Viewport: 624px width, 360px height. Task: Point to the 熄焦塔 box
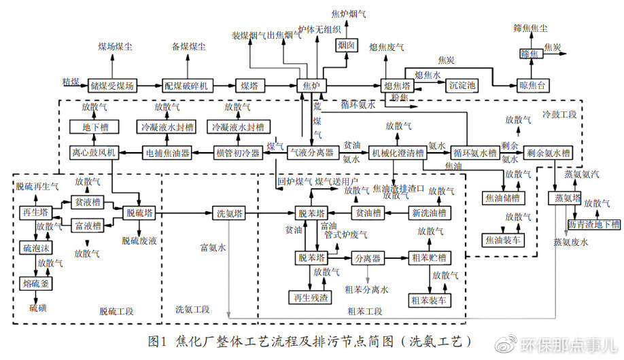pyautogui.click(x=397, y=86)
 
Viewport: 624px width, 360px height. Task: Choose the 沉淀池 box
pyautogui.click(x=462, y=86)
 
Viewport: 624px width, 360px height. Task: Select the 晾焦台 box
pyautogui.click(x=531, y=86)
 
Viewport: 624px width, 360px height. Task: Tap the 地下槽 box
pyautogui.click(x=90, y=127)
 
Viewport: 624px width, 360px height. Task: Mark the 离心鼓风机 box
pyautogui.click(x=93, y=152)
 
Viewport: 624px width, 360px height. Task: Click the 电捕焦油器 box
pyautogui.click(x=166, y=152)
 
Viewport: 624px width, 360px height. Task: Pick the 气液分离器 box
pyautogui.click(x=311, y=152)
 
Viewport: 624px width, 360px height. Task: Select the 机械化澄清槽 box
pyautogui.click(x=396, y=152)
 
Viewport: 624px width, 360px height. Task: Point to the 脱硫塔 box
pyautogui.click(x=139, y=213)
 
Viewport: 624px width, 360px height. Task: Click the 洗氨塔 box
pyautogui.click(x=228, y=213)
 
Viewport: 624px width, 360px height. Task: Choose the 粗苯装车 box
pyautogui.click(x=429, y=300)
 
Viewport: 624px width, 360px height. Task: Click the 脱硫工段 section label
pyautogui.click(x=116, y=311)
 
